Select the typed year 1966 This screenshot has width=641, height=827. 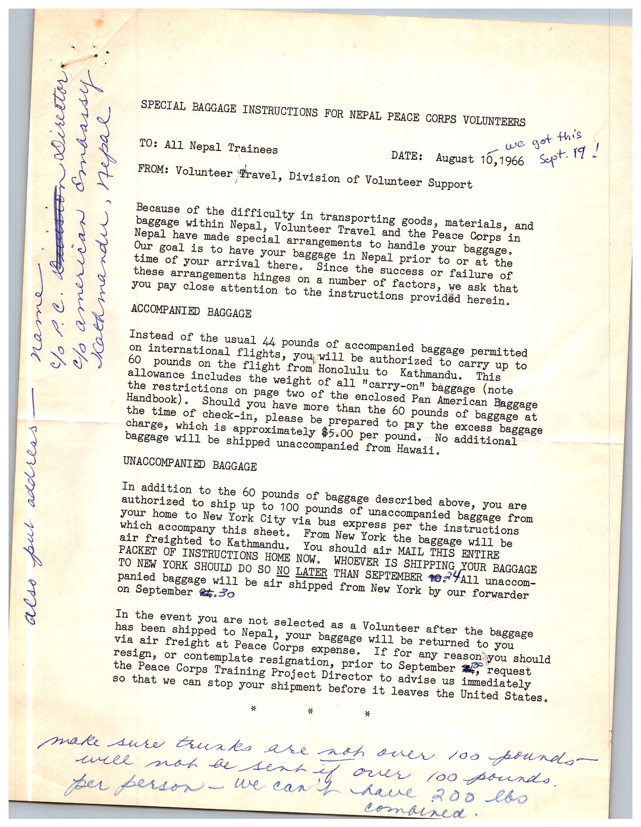point(511,161)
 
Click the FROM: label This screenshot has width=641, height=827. point(153,169)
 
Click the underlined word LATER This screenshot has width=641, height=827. point(311,572)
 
